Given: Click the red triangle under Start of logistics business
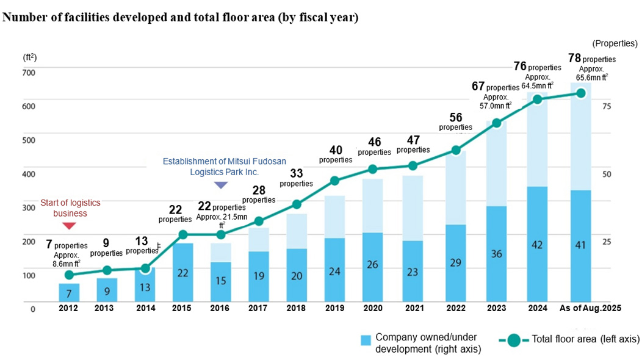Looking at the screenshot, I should [x=69, y=226].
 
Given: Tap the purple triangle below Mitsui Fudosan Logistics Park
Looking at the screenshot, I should [x=220, y=185].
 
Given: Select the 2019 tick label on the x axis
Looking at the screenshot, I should [x=334, y=308].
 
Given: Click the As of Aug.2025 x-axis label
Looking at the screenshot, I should [x=590, y=308].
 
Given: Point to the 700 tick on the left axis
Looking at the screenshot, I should [x=29, y=73].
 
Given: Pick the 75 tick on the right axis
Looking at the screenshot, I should [x=607, y=106].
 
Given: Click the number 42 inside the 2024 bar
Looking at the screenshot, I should [x=537, y=246].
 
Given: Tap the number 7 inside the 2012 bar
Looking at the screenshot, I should [x=69, y=293].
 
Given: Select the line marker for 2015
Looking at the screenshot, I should [x=183, y=234].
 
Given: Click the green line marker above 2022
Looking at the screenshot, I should [x=456, y=150].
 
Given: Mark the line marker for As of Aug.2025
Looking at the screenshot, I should [x=581, y=93].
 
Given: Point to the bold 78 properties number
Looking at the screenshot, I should [x=574, y=58].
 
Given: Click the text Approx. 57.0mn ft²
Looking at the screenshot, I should [x=495, y=101].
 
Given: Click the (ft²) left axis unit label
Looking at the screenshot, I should [x=30, y=57].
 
